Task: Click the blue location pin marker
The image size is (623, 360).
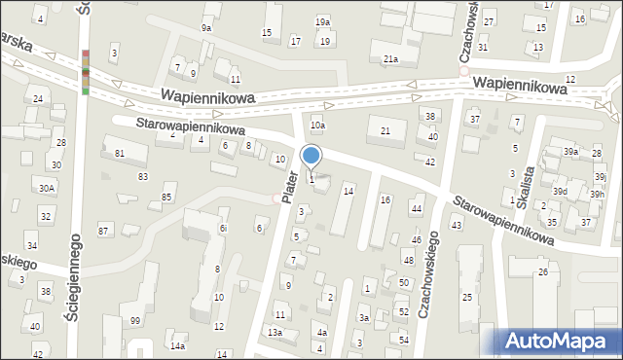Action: (311, 157)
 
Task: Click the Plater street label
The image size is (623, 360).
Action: (288, 186)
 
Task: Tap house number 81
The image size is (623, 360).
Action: (120, 154)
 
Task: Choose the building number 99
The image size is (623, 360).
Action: (135, 321)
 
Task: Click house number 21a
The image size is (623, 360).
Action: (390, 59)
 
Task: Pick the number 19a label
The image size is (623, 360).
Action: (322, 21)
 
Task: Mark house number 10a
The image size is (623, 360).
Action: (317, 125)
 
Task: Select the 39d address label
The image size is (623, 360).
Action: (560, 191)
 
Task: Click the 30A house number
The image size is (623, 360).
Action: (47, 188)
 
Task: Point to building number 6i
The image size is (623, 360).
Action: (223, 228)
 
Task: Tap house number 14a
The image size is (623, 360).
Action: (177, 345)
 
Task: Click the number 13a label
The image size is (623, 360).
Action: (275, 333)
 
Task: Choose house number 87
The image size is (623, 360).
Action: (103, 231)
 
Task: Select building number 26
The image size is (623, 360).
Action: (543, 271)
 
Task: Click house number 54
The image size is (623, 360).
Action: (404, 339)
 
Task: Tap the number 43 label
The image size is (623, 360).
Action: (456, 225)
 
